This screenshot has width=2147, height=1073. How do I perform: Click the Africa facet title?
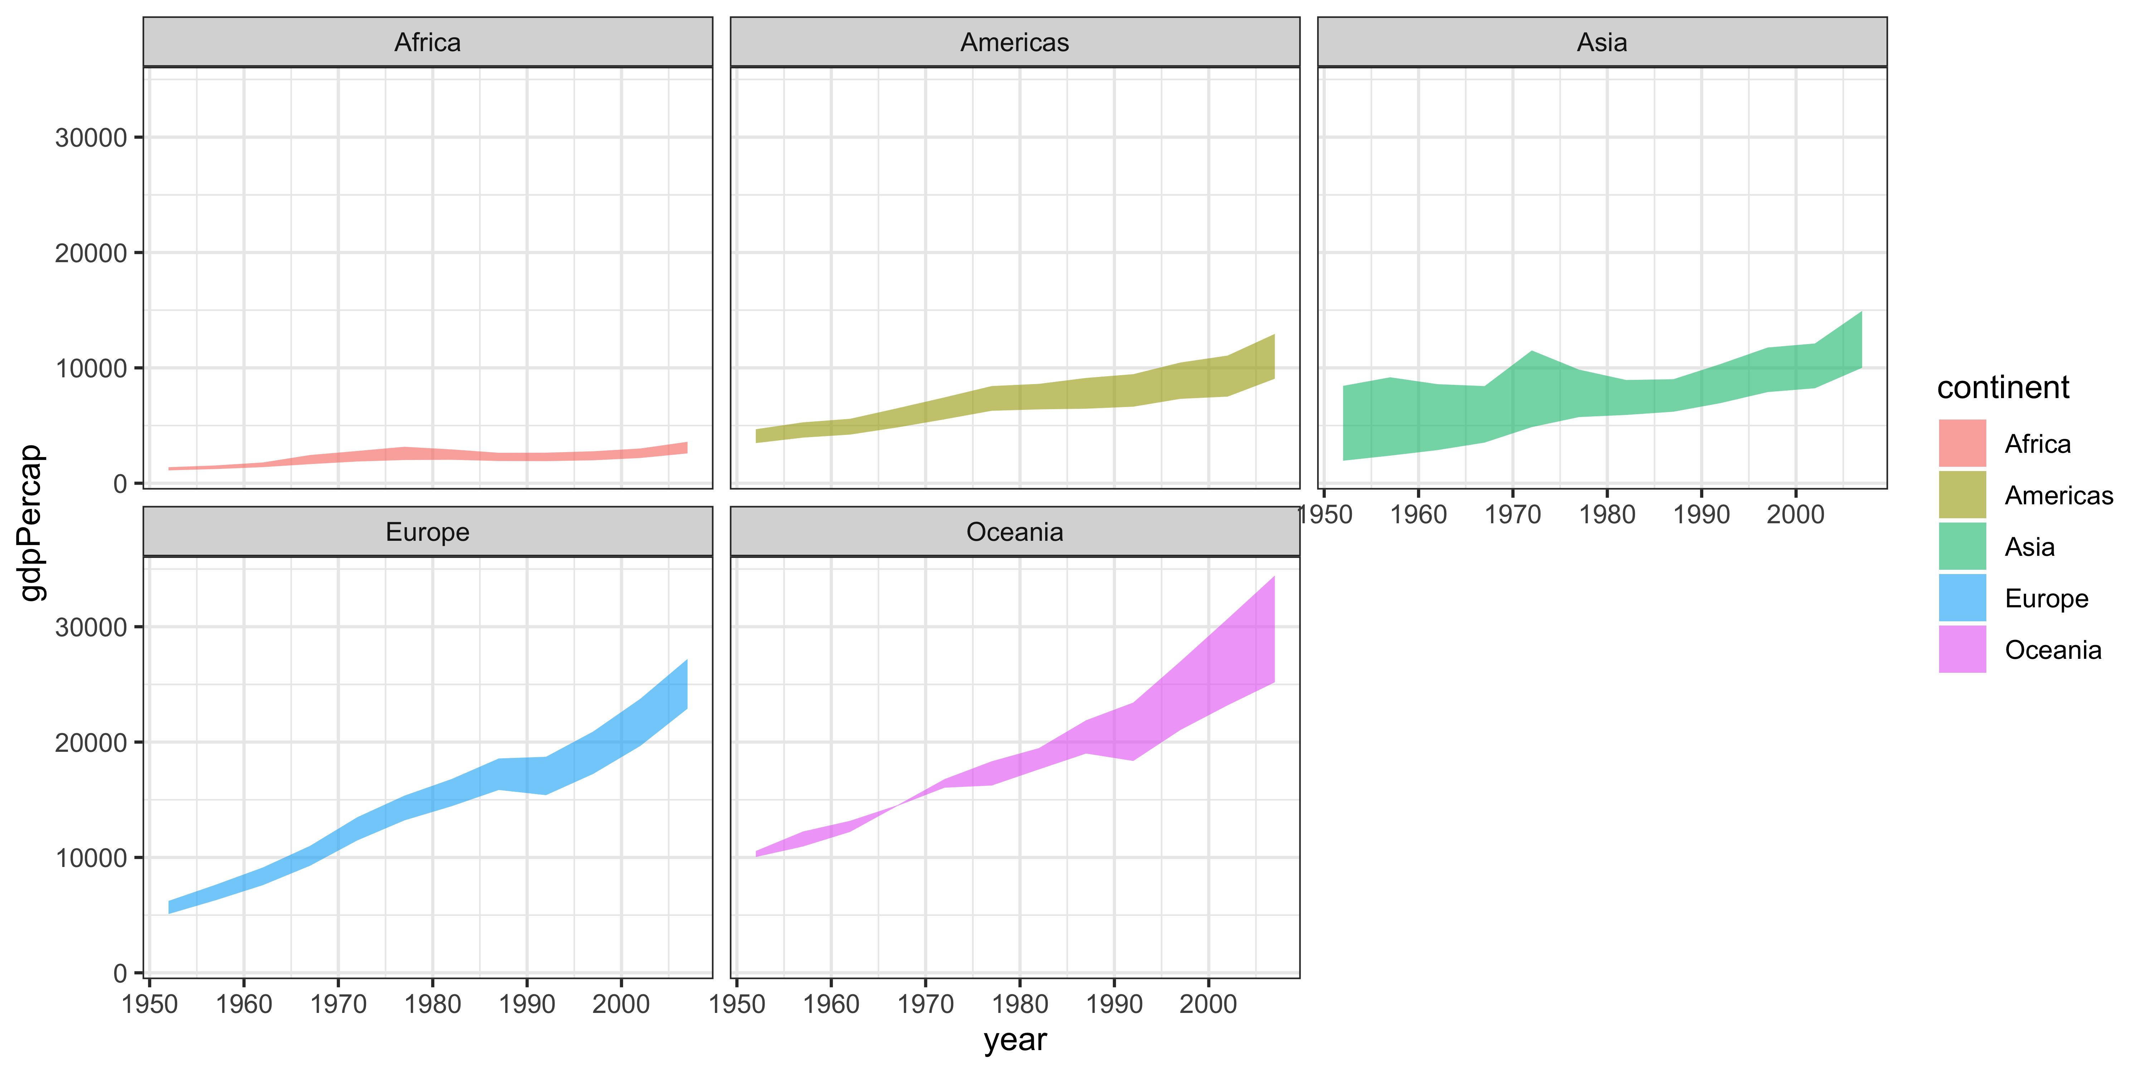[x=428, y=43]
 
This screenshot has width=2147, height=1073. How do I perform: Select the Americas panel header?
[x=1014, y=43]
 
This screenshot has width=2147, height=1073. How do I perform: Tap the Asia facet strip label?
[x=1601, y=43]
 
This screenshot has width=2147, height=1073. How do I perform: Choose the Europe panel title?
[x=428, y=532]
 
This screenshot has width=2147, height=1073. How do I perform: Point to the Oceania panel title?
[x=1014, y=532]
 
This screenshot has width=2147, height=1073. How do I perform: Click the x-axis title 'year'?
[x=1014, y=1040]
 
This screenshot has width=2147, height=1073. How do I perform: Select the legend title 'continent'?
[x=2003, y=387]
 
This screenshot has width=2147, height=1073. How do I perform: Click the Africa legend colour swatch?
[x=1962, y=443]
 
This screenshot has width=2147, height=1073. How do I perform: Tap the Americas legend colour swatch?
[x=1962, y=495]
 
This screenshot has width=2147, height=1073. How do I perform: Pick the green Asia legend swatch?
[x=1962, y=547]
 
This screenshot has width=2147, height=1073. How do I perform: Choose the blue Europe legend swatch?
[x=1962, y=598]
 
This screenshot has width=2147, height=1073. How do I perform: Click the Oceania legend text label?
[x=2053, y=650]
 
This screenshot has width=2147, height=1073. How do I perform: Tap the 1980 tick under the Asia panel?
[x=1607, y=515]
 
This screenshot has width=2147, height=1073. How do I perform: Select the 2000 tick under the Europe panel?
[x=621, y=1004]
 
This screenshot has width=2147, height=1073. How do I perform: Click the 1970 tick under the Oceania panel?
[x=925, y=1004]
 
